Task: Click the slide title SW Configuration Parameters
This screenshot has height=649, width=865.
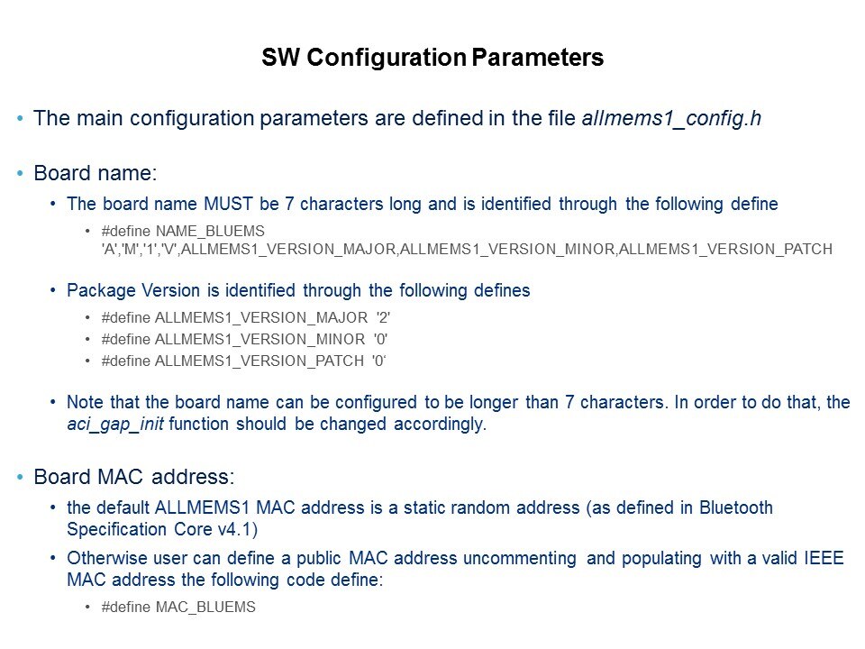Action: [x=432, y=58]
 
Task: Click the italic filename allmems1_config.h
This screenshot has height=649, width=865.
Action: [x=671, y=119]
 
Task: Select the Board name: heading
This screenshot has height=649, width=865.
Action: [x=96, y=173]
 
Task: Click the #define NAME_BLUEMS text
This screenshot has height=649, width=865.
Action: [x=183, y=231]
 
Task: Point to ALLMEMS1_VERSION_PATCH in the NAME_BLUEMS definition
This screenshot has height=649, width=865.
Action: [x=725, y=250]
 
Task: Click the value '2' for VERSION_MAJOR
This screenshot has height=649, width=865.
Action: [x=383, y=318]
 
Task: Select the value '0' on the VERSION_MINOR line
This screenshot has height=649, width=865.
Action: [x=380, y=340]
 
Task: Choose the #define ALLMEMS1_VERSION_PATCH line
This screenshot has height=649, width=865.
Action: [x=243, y=361]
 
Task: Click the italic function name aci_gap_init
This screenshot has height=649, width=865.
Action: [x=115, y=425]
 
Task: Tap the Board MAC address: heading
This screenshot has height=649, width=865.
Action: [x=134, y=477]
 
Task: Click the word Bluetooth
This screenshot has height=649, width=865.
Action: [x=736, y=507]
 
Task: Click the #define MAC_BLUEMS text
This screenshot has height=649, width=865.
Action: [x=178, y=607]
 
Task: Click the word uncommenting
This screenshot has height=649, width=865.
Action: [x=520, y=559]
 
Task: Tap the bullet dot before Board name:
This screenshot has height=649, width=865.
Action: [x=21, y=173]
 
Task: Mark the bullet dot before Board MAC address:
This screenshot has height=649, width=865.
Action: [x=21, y=478]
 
